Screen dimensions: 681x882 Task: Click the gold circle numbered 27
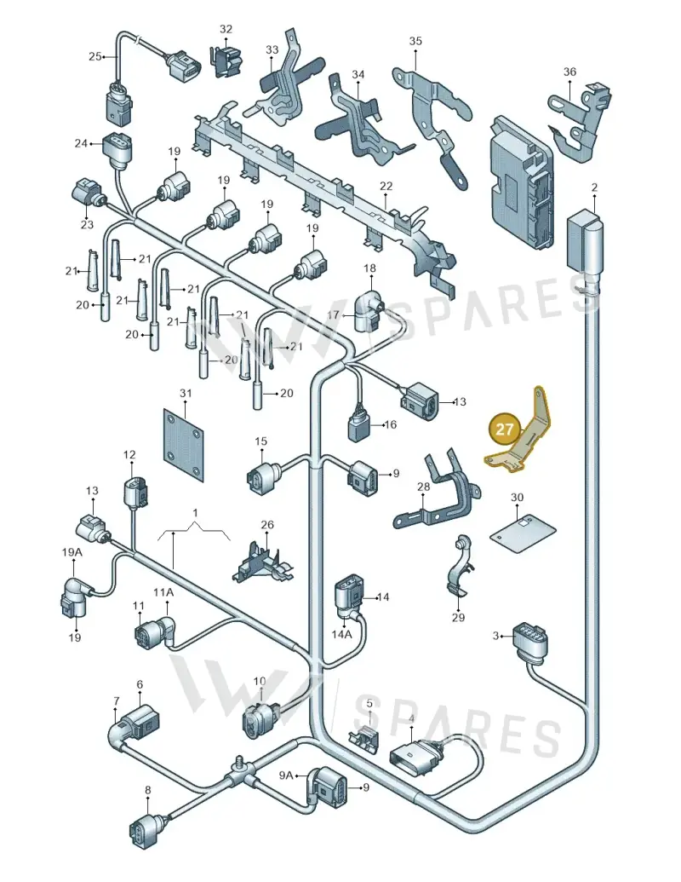[x=504, y=429]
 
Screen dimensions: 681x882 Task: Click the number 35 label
[x=415, y=41]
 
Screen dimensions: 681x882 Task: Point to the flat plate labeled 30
[x=523, y=533]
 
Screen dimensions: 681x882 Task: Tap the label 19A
[x=72, y=552]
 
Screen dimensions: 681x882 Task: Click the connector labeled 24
[x=117, y=148]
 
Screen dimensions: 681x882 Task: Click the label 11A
[x=163, y=592]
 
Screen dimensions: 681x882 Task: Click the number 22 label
[x=386, y=186]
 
